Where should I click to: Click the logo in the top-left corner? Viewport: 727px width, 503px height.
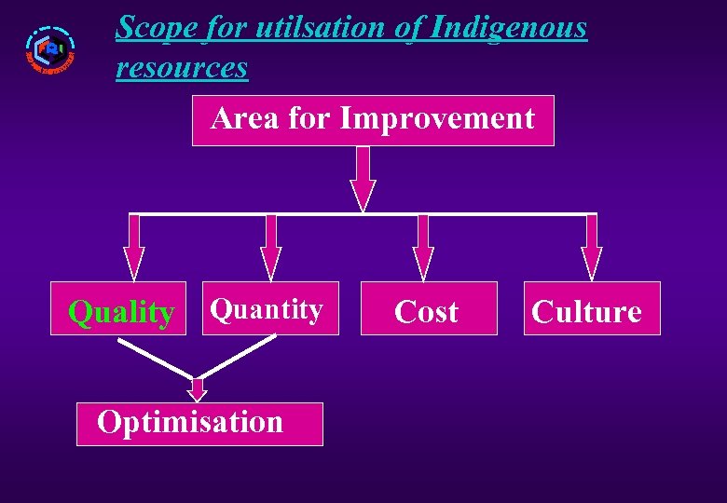tap(49, 50)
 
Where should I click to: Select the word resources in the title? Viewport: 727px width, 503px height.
tap(182, 67)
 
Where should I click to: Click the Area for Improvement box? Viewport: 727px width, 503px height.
tap(373, 120)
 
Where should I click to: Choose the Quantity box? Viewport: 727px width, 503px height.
tap(267, 308)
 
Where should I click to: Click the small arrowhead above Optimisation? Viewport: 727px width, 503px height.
tap(197, 389)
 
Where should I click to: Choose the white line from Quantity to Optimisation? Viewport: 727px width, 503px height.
tap(239, 357)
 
